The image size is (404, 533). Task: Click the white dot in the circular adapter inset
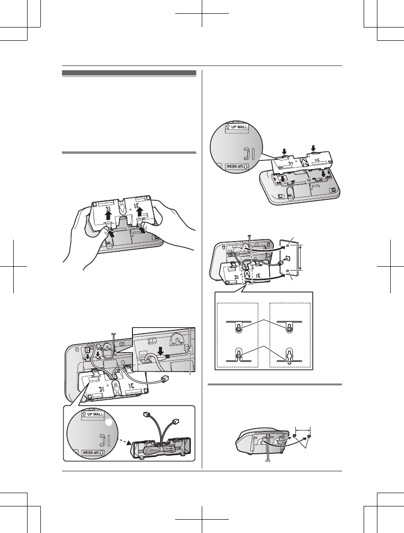click(x=108, y=422)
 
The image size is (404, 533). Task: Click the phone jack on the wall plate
click(x=287, y=259)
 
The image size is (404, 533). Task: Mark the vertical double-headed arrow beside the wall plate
click(x=301, y=258)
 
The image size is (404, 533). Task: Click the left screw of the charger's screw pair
click(x=295, y=437)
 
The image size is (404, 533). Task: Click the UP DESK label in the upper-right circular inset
click(x=237, y=167)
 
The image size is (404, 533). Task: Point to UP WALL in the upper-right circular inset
click(x=237, y=127)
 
